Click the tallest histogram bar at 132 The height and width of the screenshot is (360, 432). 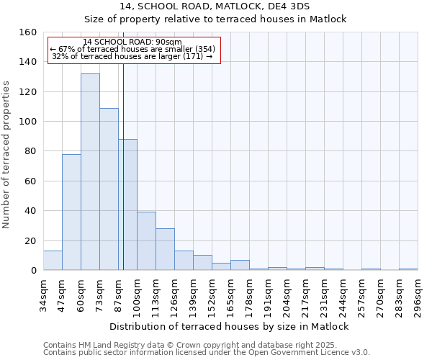click(x=90, y=173)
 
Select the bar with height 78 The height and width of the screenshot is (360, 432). click(x=71, y=212)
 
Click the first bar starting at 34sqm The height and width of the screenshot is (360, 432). click(x=53, y=261)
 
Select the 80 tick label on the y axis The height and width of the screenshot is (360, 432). click(x=30, y=151)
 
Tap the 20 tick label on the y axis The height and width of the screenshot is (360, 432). click(x=30, y=240)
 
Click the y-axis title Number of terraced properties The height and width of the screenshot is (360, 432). click(x=7, y=154)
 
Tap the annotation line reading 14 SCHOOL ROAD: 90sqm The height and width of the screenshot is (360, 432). click(x=132, y=42)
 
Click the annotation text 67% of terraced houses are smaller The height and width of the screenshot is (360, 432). click(x=132, y=49)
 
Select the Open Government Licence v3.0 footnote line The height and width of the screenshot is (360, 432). click(x=207, y=353)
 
